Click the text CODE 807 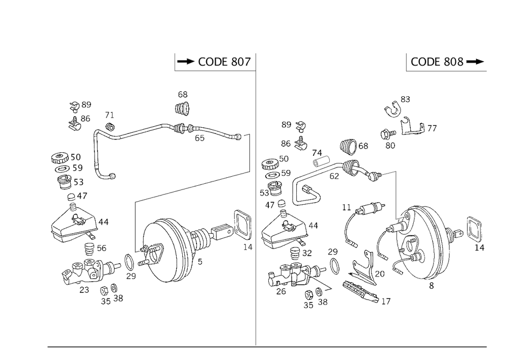[224, 62]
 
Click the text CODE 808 [437, 62]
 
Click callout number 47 [81, 196]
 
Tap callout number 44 [103, 221]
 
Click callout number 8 [432, 286]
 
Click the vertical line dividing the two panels [255, 204]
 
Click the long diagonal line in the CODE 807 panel [193, 187]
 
